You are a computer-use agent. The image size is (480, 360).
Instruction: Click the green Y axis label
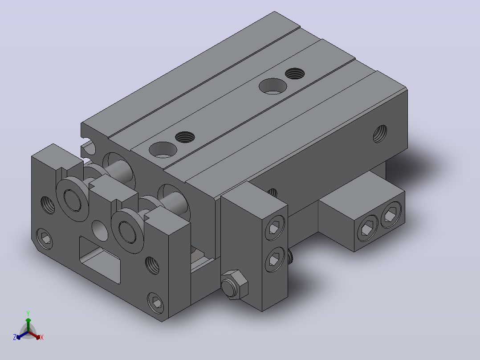pyautogui.click(x=28, y=313)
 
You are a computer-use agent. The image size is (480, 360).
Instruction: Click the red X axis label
pyautogui.click(x=42, y=337)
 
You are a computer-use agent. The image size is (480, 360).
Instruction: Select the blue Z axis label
pyautogui.click(x=14, y=337)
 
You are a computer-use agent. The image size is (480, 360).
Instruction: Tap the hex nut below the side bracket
pyautogui.click(x=235, y=285)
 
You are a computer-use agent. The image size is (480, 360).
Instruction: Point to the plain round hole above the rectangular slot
pyautogui.click(x=100, y=230)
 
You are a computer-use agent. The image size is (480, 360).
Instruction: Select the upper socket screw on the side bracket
pyautogui.click(x=275, y=228)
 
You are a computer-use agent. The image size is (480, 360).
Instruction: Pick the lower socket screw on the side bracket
pyautogui.click(x=275, y=260)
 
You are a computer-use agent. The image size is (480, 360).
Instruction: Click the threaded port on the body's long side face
pyautogui.click(x=380, y=134)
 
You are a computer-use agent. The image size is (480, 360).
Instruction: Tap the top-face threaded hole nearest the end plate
pyautogui.click(x=185, y=137)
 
